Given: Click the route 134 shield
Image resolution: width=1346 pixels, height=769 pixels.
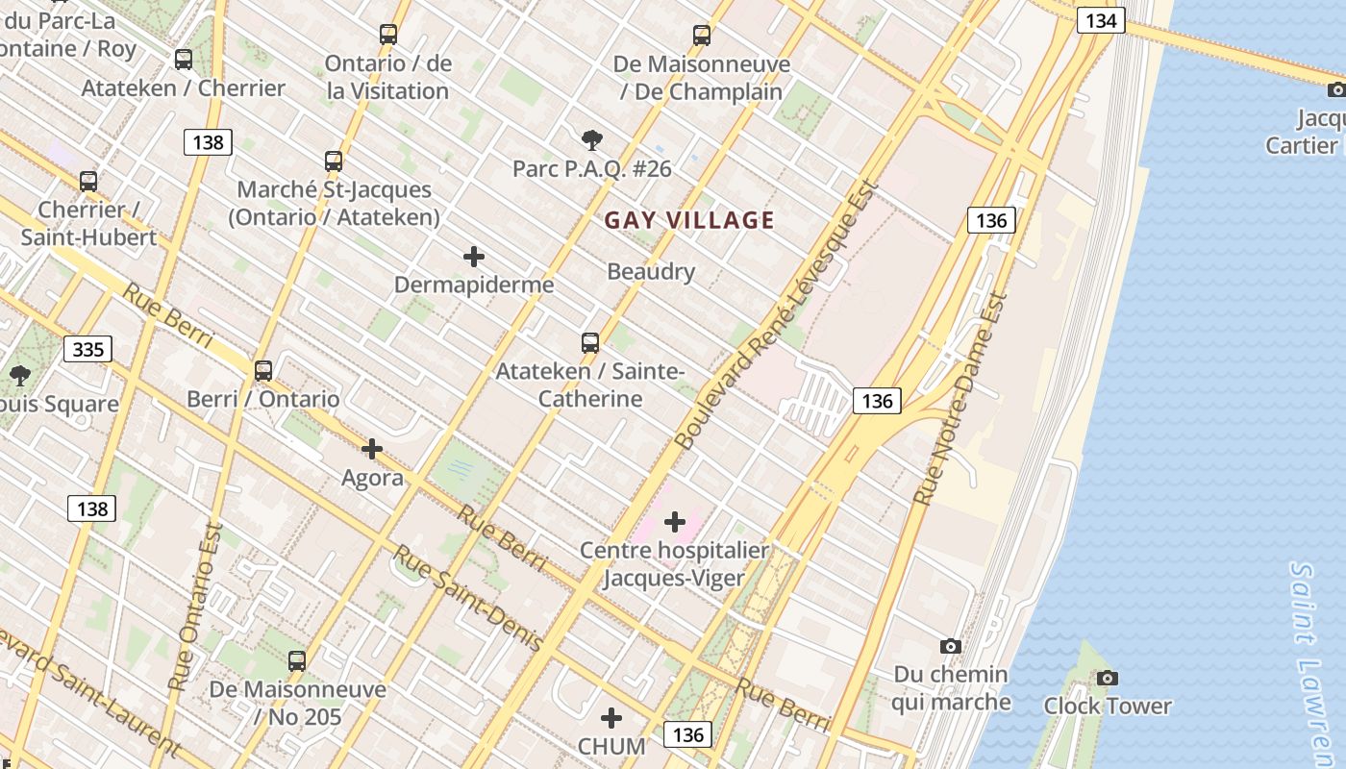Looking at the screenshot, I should click(1101, 20).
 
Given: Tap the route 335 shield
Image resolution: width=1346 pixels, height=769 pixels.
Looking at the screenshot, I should click(87, 349).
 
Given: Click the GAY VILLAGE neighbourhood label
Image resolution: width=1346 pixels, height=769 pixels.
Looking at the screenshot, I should click(689, 220).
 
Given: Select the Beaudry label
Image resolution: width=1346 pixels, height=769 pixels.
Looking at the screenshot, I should click(651, 272).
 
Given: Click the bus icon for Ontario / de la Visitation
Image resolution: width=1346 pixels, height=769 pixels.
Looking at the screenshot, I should click(388, 35).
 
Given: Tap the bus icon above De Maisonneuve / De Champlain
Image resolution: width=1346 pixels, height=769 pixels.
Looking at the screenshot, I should click(702, 36).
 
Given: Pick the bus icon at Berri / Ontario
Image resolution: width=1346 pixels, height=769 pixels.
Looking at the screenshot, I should click(262, 370).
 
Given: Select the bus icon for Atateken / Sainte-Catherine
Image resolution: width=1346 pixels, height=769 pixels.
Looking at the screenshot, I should click(590, 342).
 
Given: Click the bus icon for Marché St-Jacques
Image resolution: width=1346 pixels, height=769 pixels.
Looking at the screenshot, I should click(334, 161).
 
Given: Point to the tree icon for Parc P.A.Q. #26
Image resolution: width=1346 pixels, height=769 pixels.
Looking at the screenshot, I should click(592, 140).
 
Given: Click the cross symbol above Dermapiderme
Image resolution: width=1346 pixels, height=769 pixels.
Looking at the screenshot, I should click(474, 257).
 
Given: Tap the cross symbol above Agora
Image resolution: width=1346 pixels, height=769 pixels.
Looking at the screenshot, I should click(372, 449).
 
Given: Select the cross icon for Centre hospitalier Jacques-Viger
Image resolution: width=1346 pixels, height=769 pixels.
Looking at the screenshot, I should click(675, 522).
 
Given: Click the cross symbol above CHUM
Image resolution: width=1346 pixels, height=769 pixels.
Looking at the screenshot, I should click(611, 718).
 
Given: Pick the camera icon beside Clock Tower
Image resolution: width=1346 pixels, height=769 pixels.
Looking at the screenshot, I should click(1108, 678).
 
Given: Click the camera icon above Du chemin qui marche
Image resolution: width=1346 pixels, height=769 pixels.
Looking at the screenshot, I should click(951, 646).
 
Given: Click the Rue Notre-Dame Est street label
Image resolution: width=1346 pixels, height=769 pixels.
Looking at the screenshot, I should click(960, 400).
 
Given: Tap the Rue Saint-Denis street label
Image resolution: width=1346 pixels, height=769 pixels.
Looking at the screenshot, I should click(467, 598).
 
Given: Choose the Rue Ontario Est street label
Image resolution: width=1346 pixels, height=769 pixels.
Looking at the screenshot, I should click(195, 607).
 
